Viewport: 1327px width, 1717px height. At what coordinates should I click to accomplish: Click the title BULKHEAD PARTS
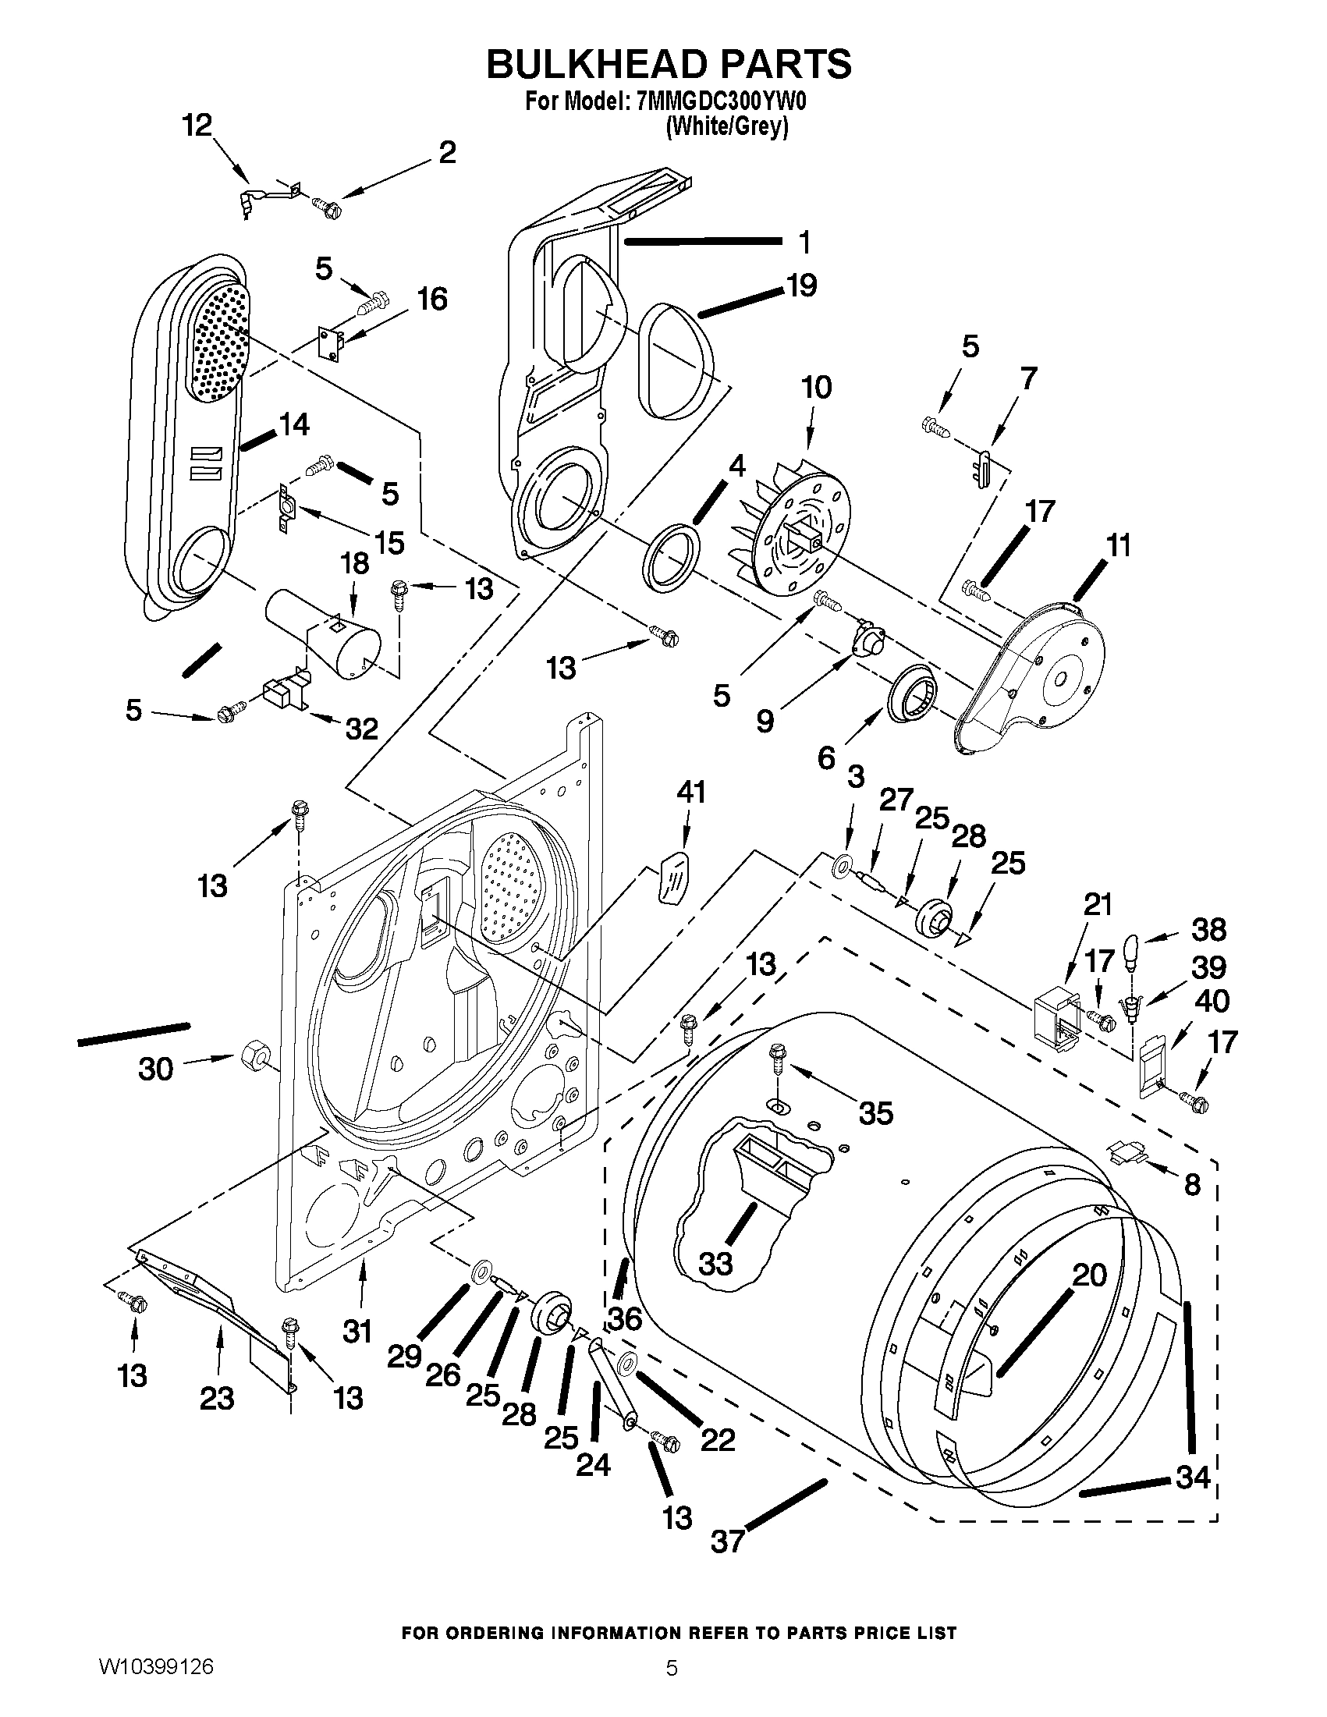[x=669, y=65]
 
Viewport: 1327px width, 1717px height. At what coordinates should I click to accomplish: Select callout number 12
[x=197, y=125]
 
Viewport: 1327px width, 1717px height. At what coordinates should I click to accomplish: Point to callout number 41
[x=691, y=792]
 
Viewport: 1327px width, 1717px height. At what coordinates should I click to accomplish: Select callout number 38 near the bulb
[x=1208, y=931]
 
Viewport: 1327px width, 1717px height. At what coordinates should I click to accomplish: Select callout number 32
[x=362, y=729]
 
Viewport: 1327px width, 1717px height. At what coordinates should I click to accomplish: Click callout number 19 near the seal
[x=801, y=285]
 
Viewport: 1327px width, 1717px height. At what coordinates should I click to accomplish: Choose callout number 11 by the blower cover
[x=1118, y=545]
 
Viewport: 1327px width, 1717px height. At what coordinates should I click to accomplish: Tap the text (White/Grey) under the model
[x=726, y=126]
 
